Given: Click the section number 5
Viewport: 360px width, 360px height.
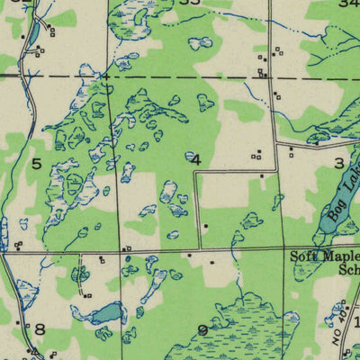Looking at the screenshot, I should coord(37,163).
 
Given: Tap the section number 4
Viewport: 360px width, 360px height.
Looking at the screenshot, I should coord(195,159).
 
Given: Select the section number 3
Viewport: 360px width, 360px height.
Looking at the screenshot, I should coord(338,163).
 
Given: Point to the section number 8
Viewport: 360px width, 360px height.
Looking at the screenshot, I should coord(39,329).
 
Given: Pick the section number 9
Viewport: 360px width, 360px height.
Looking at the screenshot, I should coord(202,330).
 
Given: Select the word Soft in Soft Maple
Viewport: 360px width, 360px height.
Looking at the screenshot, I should coord(301,256).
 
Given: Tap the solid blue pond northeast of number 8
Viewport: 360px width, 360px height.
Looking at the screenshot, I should coord(107,313).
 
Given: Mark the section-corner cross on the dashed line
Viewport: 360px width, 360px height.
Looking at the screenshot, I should coord(106,77).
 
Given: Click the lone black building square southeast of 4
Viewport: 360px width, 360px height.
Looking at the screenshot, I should coord(206,226).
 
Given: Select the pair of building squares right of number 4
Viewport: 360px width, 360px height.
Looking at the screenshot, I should coord(256,154).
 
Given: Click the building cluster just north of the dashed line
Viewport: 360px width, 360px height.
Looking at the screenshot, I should coord(263,65).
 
